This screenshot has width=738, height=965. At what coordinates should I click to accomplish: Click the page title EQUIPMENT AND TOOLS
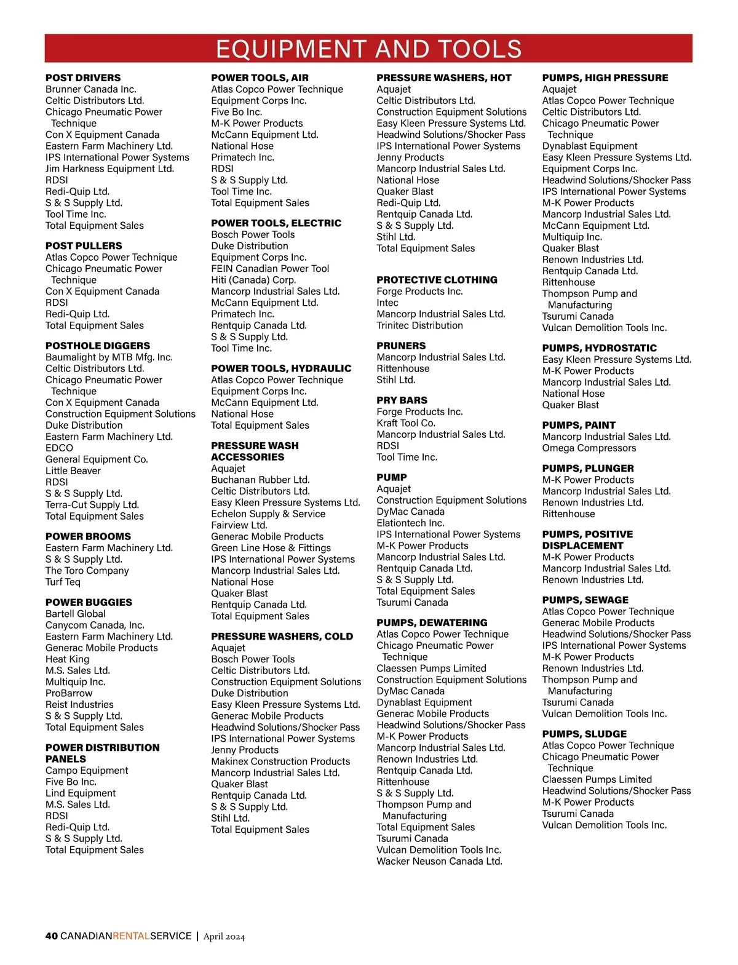click(368, 49)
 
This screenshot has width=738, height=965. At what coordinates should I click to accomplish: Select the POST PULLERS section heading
click(84, 245)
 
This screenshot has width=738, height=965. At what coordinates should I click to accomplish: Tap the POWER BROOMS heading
click(88, 536)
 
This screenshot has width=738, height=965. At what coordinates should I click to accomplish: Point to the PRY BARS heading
click(402, 400)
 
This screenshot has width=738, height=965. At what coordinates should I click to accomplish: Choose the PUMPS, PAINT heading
click(579, 425)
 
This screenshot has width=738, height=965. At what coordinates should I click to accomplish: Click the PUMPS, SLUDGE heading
click(584, 734)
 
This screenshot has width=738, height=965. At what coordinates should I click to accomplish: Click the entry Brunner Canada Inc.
click(90, 89)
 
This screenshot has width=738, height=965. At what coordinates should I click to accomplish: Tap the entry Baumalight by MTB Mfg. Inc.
click(109, 357)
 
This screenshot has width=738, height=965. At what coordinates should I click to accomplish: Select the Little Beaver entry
click(73, 471)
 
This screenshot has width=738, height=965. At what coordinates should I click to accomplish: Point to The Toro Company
click(87, 571)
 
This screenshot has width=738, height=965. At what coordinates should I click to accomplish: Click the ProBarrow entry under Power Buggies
click(69, 693)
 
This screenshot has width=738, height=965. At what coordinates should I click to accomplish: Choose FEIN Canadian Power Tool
click(270, 269)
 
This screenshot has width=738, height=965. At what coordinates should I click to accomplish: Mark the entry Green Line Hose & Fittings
click(271, 548)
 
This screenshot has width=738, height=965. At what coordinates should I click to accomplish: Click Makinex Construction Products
click(280, 761)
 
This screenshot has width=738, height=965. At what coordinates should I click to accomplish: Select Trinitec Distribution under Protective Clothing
click(419, 325)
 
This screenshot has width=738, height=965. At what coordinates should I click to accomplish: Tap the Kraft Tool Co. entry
click(406, 423)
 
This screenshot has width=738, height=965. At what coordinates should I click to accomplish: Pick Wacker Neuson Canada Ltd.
click(439, 861)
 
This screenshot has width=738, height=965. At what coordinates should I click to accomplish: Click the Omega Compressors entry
click(589, 448)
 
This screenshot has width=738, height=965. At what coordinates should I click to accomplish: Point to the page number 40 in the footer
click(52, 936)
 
